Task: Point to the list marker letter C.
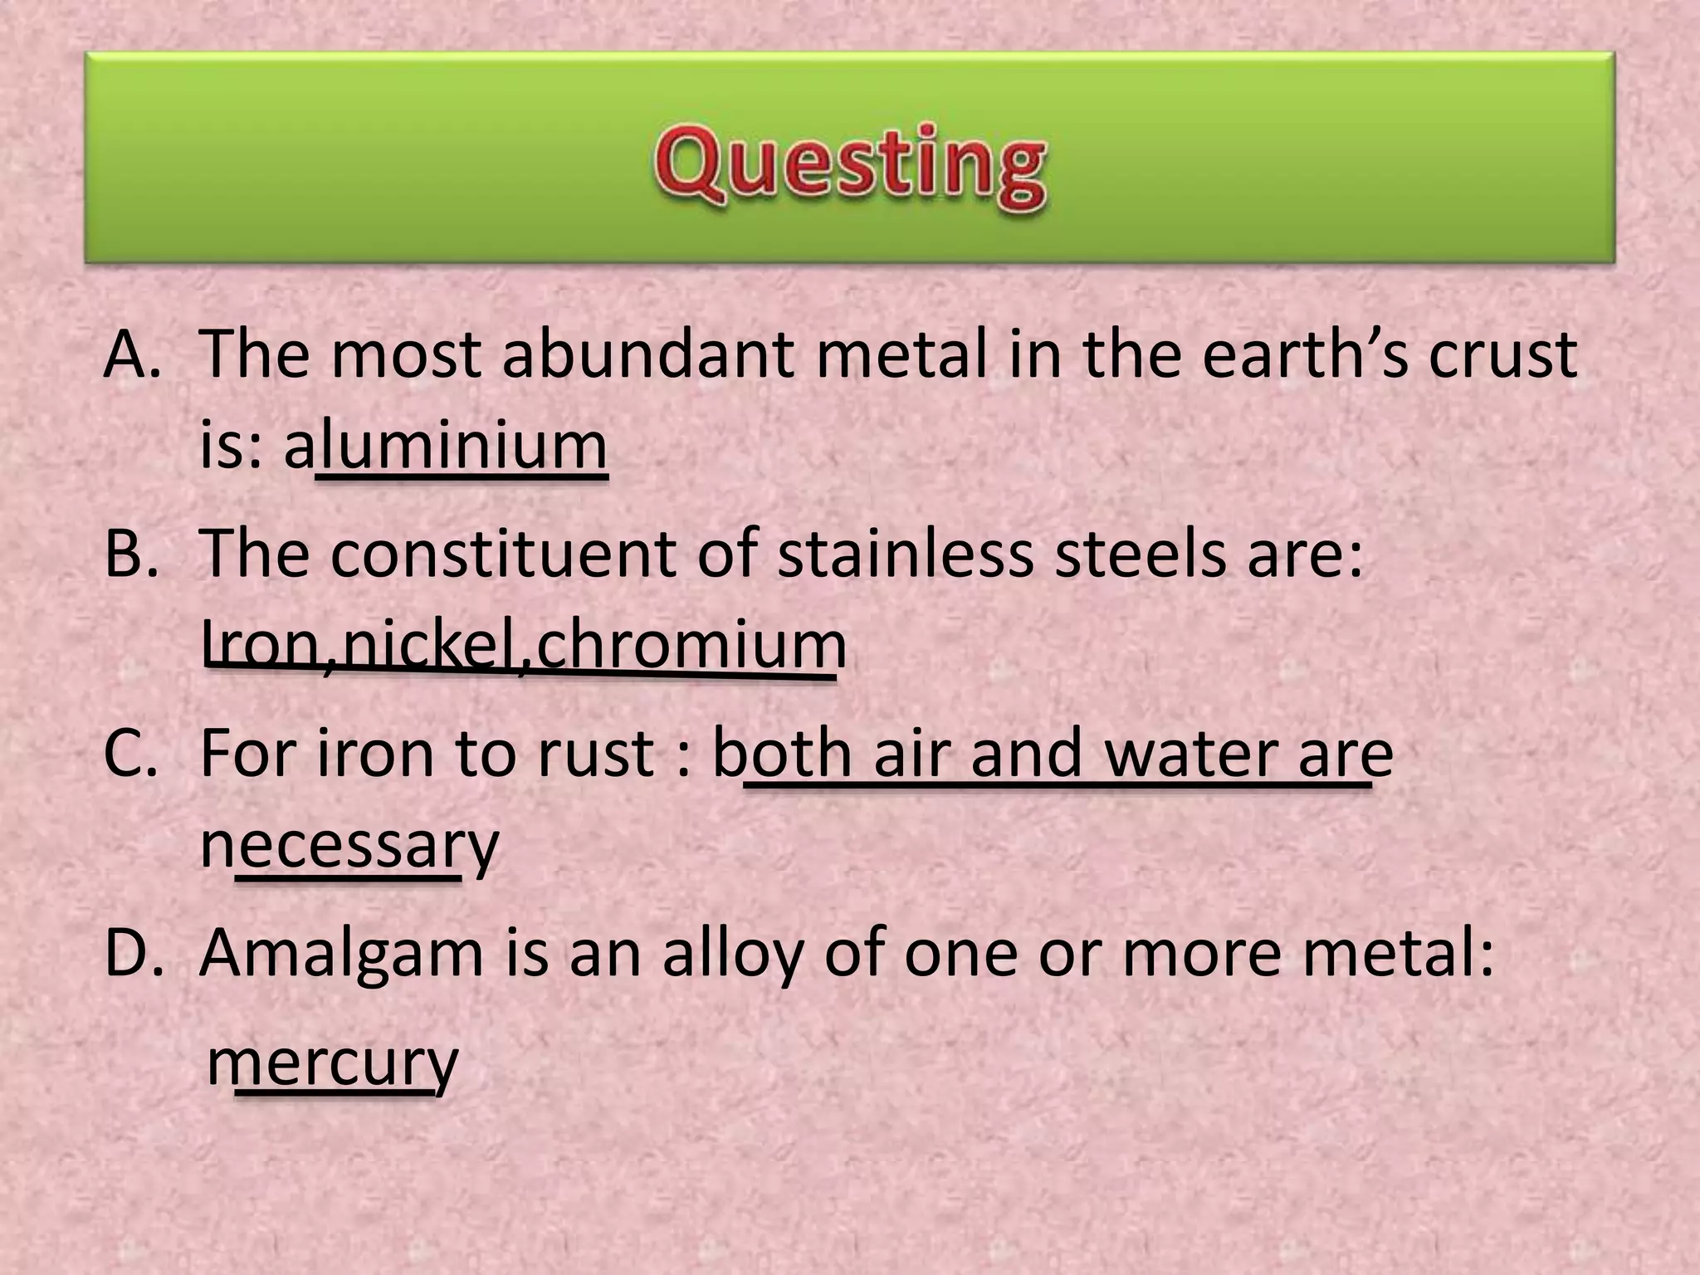tap(129, 753)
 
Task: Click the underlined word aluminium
tap(446, 446)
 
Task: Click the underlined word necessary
tap(349, 844)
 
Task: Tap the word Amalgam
tap(341, 952)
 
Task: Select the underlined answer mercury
tap(332, 1062)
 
